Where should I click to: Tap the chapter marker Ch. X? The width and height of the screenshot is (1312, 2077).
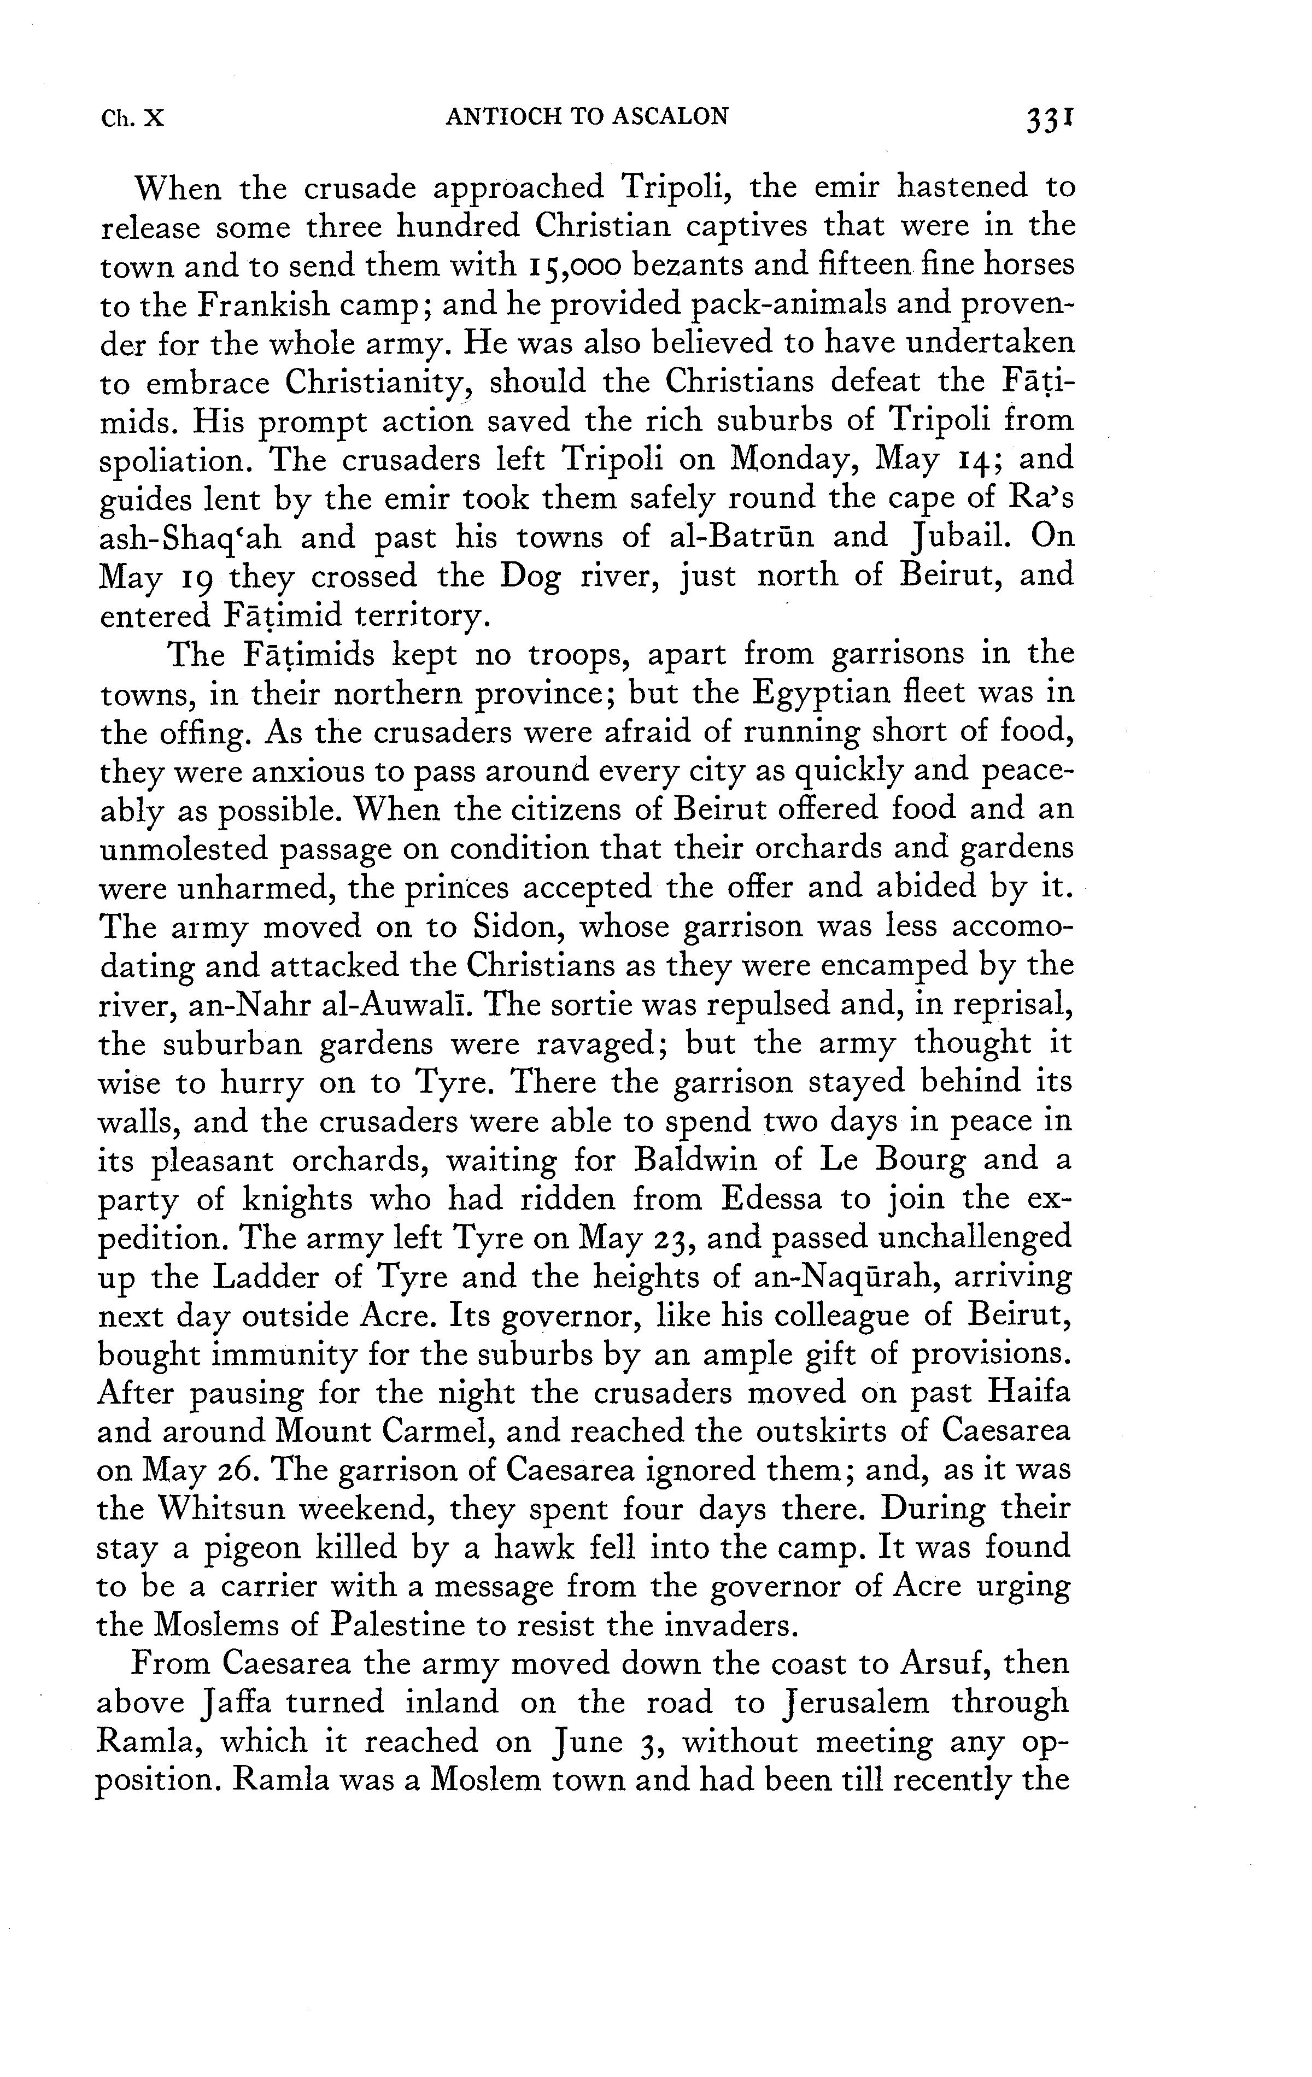pos(132,118)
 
